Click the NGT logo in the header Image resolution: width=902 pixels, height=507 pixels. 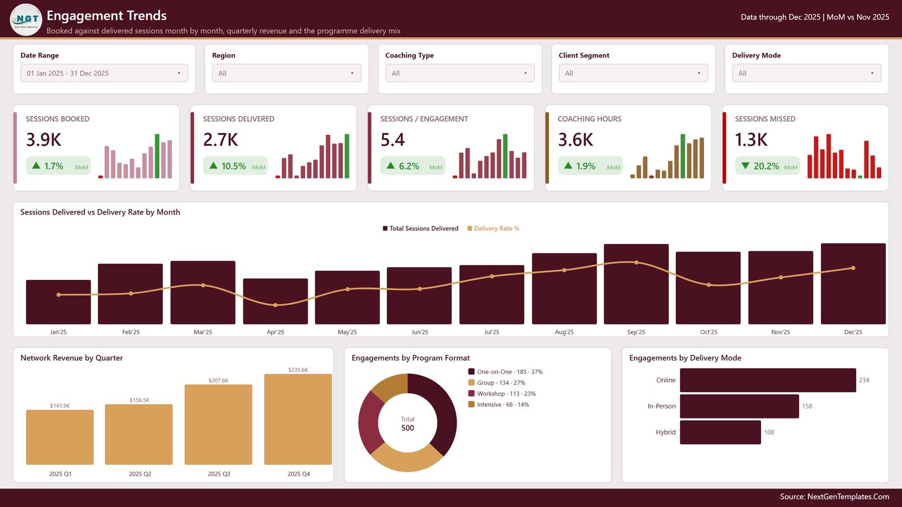[26, 19]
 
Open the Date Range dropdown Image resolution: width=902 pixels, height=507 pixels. [104, 73]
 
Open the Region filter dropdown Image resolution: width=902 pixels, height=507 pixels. [286, 73]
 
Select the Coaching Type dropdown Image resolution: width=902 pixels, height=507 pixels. [460, 73]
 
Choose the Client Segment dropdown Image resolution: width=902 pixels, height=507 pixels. [633, 73]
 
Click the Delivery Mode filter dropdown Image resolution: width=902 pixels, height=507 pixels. [807, 73]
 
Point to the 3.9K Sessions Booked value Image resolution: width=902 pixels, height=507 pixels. [43, 140]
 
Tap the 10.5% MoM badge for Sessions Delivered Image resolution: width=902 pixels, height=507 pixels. [235, 166]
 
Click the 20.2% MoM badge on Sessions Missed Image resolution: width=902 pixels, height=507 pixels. [767, 166]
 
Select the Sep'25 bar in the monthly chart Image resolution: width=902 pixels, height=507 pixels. [636, 284]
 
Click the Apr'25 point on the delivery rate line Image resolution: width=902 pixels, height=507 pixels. [276, 305]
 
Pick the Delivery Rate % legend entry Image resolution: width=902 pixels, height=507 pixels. [493, 229]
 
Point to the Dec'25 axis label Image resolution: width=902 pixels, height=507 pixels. [853, 332]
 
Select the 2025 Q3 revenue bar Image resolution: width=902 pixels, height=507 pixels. [219, 425]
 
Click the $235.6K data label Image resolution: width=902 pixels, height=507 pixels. [298, 370]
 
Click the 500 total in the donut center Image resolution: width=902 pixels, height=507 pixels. [408, 428]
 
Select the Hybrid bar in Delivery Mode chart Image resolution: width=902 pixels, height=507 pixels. [720, 432]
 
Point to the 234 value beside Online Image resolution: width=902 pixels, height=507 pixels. [864, 380]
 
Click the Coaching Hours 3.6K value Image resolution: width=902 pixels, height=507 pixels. [576, 140]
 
